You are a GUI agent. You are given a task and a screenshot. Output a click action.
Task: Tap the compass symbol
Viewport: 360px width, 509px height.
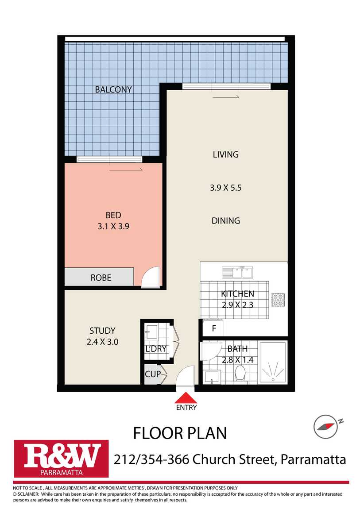(326, 426)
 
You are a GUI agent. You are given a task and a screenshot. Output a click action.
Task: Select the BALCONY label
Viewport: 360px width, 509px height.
(113, 89)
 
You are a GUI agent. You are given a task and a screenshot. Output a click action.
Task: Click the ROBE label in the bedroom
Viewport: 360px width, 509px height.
(101, 278)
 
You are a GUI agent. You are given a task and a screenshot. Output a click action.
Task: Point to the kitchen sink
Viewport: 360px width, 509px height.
(237, 273)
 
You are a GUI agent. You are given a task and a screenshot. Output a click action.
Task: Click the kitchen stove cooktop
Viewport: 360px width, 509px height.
(279, 300)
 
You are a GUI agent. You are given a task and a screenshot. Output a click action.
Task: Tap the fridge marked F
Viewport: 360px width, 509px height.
(213, 328)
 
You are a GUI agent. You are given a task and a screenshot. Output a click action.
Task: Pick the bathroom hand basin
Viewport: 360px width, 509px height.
(212, 377)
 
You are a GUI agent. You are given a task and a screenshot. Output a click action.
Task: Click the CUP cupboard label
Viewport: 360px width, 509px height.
(153, 374)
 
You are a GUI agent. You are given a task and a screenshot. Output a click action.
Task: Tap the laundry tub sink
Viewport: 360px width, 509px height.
(151, 332)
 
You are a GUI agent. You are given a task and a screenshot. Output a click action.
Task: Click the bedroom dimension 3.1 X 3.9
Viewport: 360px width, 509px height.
(113, 226)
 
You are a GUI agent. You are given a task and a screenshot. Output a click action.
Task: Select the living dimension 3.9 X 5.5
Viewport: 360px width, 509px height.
(225, 188)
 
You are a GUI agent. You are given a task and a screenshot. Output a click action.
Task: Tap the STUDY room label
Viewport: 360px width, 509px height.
(102, 331)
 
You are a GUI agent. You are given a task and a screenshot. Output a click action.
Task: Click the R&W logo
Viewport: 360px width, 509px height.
(62, 459)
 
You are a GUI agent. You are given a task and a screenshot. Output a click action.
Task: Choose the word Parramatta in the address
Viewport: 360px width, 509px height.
(313, 459)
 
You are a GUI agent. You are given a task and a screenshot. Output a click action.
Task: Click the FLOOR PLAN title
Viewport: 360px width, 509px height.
(180, 433)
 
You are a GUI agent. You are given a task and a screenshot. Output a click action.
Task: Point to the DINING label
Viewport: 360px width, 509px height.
(225, 221)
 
